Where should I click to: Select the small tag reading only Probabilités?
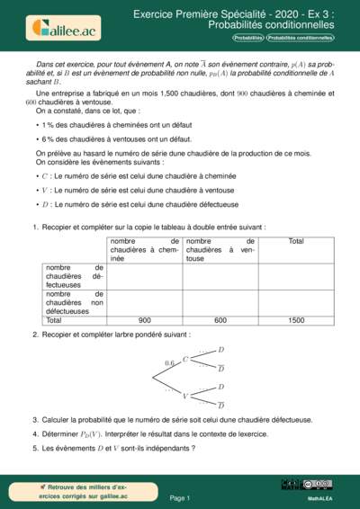[248, 39]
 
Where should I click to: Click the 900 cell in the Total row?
[144, 320]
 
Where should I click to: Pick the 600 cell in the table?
[220, 320]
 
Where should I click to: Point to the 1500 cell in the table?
[296, 320]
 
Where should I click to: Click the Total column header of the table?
[296, 241]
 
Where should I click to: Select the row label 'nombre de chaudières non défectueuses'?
[75, 302]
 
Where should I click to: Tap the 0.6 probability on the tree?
[170, 363]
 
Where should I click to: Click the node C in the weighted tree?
[185, 360]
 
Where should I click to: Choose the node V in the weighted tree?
[185, 396]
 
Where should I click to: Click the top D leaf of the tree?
[221, 350]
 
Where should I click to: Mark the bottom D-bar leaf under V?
[221, 406]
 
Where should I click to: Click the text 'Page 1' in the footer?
[180, 497]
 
